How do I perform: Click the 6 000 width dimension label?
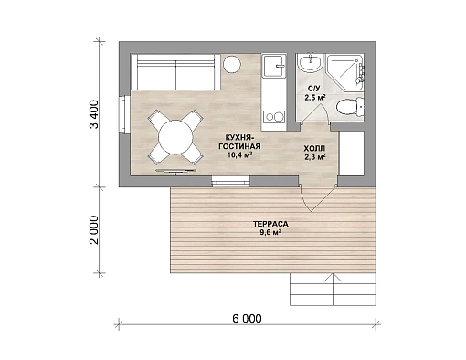pos(247,319)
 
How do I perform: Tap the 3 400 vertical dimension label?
pos(94,114)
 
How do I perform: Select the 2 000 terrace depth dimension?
pos(94,230)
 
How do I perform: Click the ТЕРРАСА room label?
pos(270,224)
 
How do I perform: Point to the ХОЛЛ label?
pos(314,149)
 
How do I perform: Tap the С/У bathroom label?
pos(313,89)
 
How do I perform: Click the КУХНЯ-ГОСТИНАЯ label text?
pos(239,142)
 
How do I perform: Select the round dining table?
pos(175,137)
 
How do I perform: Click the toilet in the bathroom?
pos(350,107)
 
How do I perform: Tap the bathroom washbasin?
pos(311,63)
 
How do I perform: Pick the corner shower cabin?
pos(345,72)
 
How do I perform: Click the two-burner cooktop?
pos(274,117)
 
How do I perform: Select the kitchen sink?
pos(274,66)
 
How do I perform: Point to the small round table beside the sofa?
pos(232,64)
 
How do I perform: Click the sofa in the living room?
pos(175,72)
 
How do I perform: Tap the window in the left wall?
pos(125,114)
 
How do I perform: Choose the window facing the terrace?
pos(231,181)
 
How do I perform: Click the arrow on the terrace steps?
pos(334,289)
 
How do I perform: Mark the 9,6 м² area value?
pos(270,232)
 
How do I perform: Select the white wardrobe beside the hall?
pos(352,154)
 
